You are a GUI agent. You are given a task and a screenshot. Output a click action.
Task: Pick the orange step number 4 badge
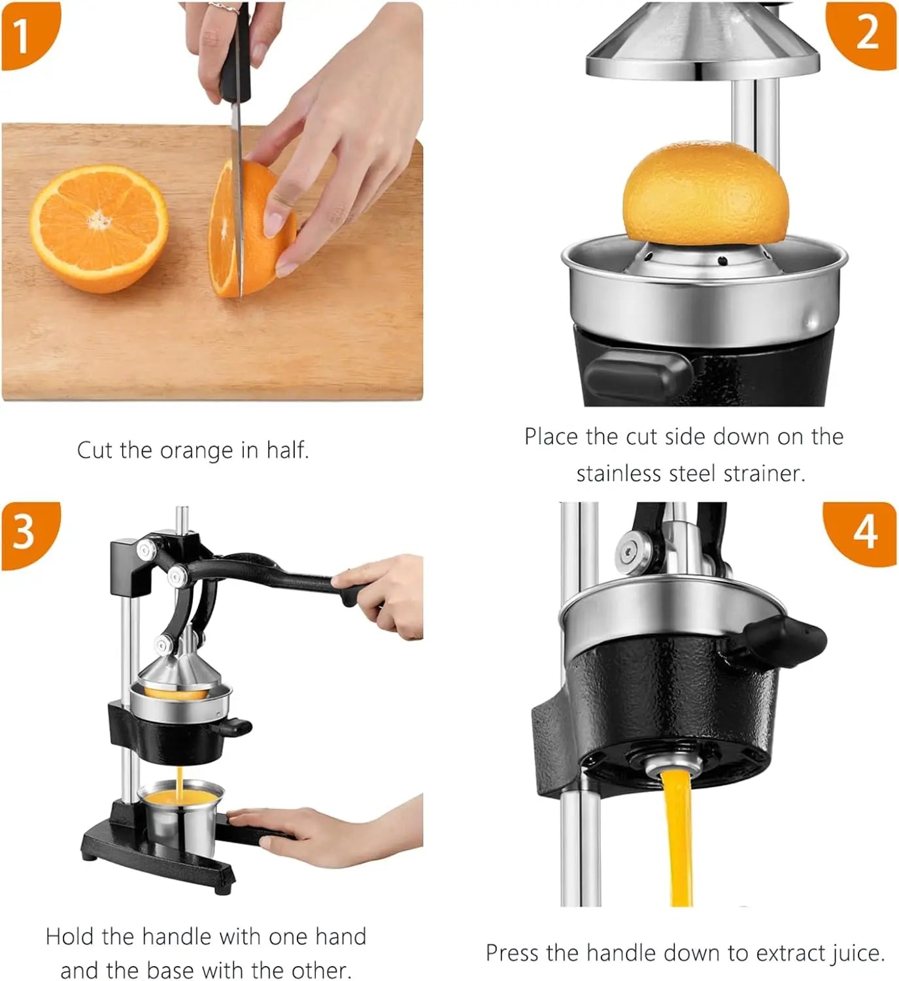click(x=862, y=533)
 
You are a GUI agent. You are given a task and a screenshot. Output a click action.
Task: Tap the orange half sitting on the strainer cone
click(x=706, y=193)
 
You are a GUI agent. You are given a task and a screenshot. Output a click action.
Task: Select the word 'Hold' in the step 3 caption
click(x=71, y=937)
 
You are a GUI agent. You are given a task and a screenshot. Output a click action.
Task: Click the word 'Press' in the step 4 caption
click(x=513, y=953)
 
